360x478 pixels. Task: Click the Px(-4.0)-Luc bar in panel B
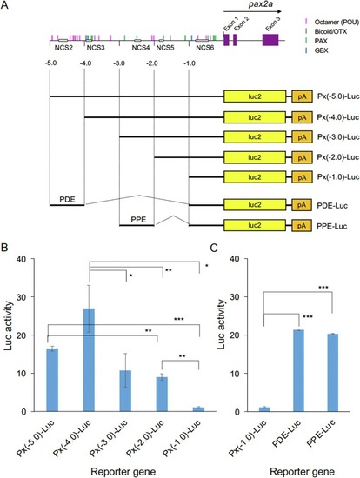89,360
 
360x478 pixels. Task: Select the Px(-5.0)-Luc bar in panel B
52,380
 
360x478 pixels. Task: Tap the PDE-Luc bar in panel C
298,371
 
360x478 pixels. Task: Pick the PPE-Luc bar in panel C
333,373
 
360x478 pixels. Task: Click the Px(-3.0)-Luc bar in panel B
125,391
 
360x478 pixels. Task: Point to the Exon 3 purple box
270,40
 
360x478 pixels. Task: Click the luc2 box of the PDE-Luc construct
255,205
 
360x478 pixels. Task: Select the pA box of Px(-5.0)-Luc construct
302,96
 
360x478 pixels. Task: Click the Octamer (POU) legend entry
333,22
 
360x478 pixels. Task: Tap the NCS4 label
141,48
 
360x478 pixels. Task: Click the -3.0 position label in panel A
119,63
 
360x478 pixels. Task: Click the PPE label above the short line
138,220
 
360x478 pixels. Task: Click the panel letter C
214,248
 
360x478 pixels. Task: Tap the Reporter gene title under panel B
123,472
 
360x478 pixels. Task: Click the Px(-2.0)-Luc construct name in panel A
338,157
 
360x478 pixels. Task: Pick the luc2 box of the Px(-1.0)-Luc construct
255,177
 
